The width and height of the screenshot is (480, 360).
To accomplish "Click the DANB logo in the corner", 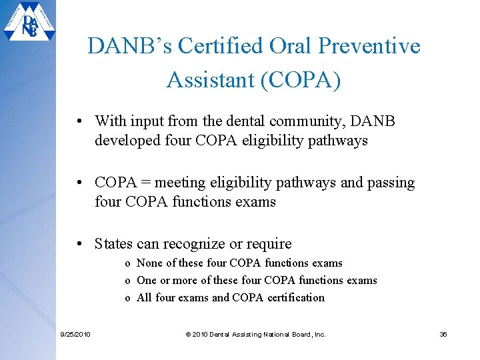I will (29, 24).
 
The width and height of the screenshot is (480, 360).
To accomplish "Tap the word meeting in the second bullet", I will (179, 183).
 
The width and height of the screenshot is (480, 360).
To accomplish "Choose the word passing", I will (390, 183).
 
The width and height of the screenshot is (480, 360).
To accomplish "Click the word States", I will (113, 244).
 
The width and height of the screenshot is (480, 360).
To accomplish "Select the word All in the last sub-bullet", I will (144, 298).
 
